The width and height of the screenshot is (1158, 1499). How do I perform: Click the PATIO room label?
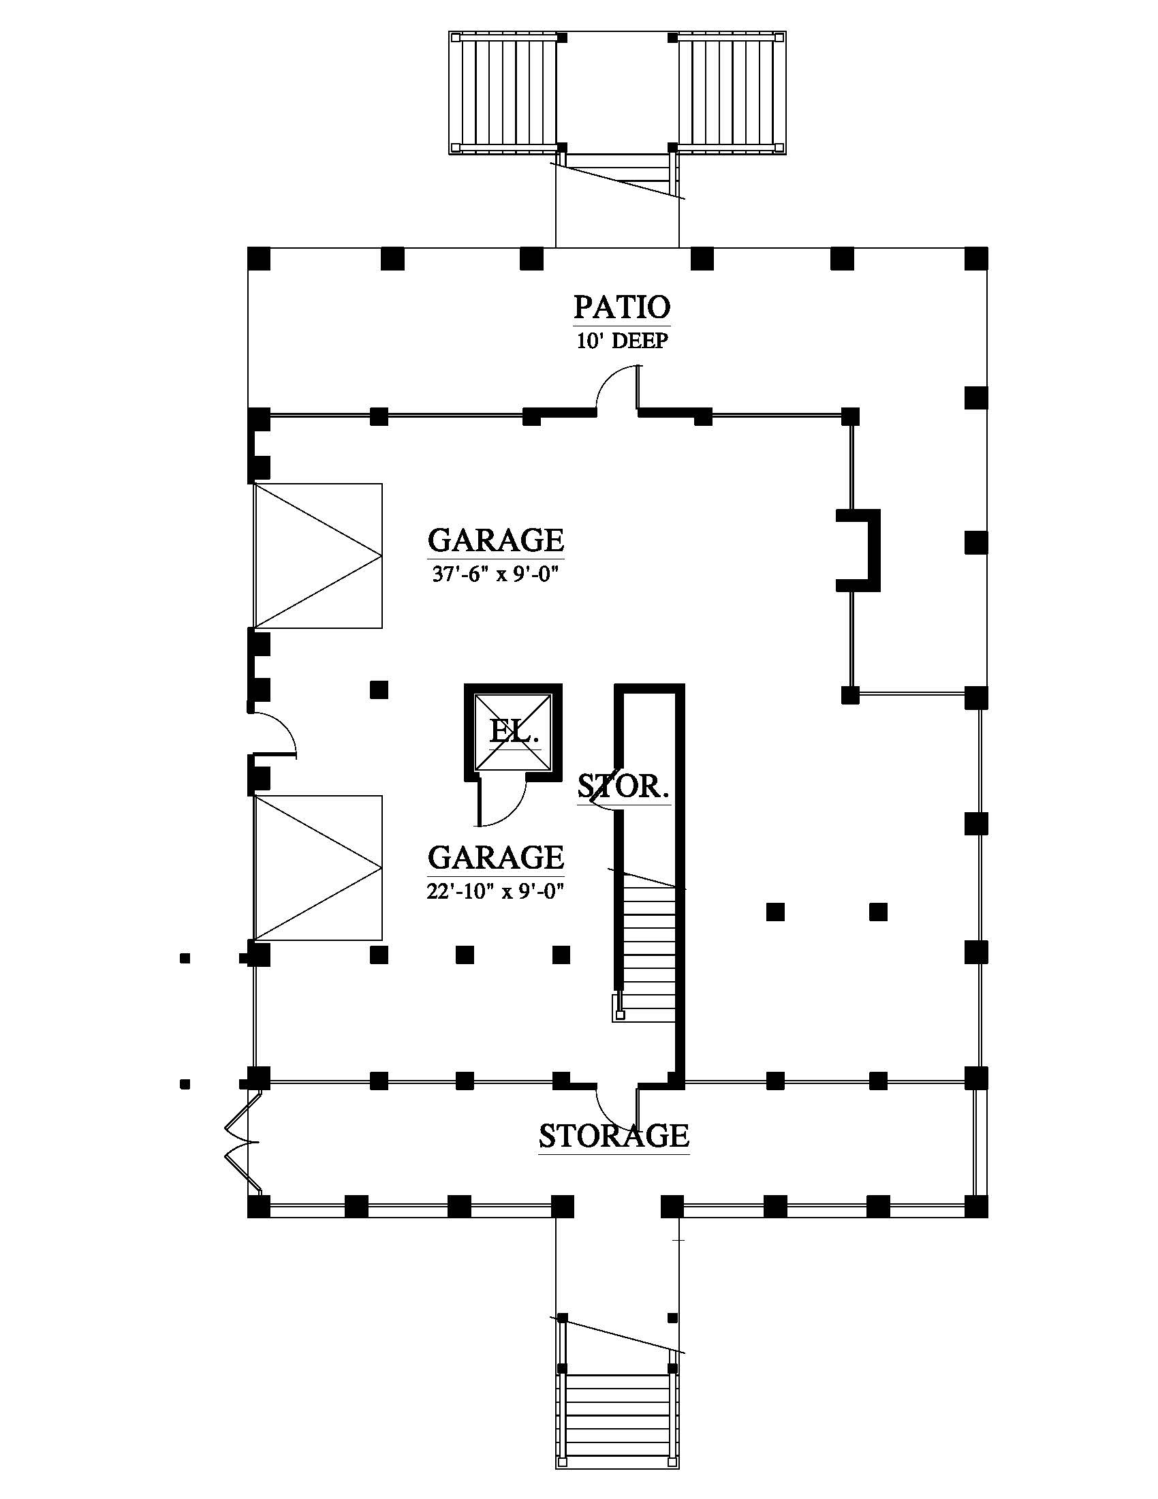[621, 307]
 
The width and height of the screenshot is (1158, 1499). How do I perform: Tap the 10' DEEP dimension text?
[621, 341]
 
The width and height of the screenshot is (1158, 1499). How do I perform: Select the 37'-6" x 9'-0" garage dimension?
[495, 574]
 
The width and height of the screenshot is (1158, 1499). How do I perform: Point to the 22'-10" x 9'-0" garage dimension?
[495, 891]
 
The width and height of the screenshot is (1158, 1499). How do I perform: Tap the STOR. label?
[623, 786]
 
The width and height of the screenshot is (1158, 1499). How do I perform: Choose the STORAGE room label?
[613, 1136]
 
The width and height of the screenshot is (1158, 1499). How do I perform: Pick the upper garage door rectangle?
[317, 555]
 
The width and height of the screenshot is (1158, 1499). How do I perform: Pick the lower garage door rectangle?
[317, 867]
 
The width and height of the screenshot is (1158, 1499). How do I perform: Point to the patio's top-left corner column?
[259, 259]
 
